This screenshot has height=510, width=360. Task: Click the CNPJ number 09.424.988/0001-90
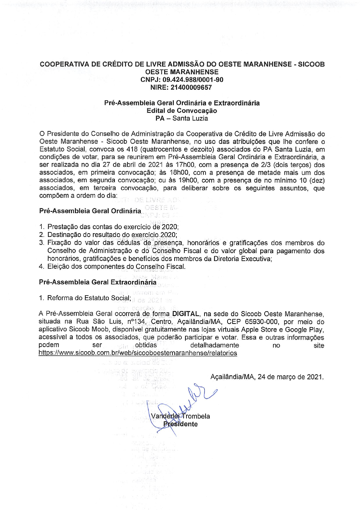(x=193, y=80)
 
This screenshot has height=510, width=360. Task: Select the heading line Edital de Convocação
(x=182, y=110)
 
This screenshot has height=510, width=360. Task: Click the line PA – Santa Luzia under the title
(x=182, y=118)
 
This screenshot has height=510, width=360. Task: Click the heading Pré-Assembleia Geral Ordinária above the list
(x=90, y=211)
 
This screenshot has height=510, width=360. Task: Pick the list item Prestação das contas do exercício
(x=113, y=227)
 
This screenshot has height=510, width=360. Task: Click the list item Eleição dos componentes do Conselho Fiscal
(x=116, y=267)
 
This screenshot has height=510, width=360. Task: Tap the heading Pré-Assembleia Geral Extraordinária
(x=98, y=282)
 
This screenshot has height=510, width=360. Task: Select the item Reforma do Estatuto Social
(x=89, y=298)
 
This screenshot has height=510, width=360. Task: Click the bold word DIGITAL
(x=185, y=314)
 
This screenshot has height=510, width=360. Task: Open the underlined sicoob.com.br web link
(x=138, y=353)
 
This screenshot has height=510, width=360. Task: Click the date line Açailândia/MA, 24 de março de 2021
(x=267, y=377)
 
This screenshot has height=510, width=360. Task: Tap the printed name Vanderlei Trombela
(x=180, y=416)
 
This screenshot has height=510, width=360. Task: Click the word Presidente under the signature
(x=180, y=424)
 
